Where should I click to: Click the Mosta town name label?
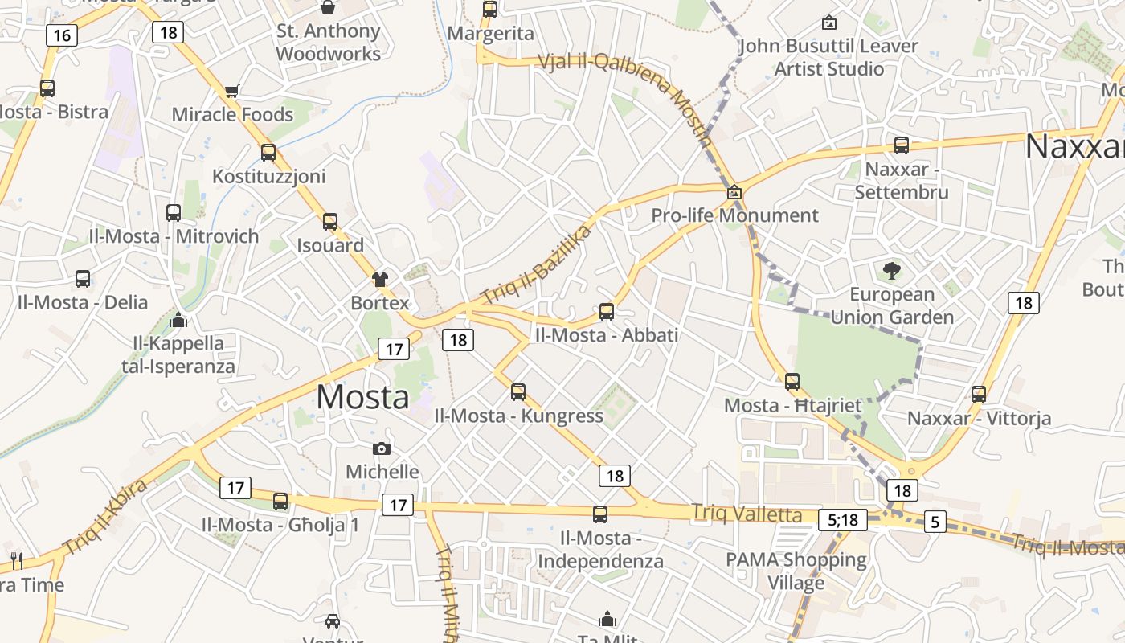point(362,397)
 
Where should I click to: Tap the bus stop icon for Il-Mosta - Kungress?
point(518,392)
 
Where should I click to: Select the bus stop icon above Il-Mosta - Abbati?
point(607,311)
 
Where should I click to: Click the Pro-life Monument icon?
point(734,193)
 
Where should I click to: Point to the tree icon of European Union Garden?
point(891,270)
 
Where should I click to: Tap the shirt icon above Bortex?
point(380,280)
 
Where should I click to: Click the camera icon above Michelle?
point(382,448)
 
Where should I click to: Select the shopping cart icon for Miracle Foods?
point(232,92)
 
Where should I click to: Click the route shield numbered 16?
point(62,35)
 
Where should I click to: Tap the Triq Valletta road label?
point(747,514)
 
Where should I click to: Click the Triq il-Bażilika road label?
point(536,264)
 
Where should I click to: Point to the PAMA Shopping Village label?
point(796,571)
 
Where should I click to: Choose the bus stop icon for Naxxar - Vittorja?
point(978,395)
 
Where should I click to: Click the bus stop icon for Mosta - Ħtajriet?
point(792,382)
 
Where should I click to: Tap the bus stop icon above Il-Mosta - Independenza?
point(600,514)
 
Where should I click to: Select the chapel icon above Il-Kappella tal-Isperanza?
point(178,321)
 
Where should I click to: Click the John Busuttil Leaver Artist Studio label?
point(828,57)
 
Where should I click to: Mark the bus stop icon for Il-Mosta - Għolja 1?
point(280,502)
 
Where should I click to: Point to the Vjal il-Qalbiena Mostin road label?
point(625,100)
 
